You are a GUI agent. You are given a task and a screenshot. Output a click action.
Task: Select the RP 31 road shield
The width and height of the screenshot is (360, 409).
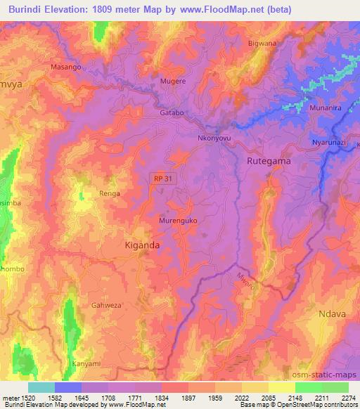point(161,179)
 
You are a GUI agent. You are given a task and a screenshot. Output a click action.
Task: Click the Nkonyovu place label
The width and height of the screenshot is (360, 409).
point(214,138)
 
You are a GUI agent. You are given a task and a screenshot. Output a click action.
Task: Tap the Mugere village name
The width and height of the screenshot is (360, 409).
point(174,82)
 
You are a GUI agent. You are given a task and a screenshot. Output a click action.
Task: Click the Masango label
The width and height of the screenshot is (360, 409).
point(67,67)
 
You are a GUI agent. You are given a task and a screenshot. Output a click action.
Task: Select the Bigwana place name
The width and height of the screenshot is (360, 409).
point(262,44)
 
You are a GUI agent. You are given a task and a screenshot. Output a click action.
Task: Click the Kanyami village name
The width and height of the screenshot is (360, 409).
point(87,364)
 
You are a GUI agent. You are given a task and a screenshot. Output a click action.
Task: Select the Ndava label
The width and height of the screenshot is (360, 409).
point(333,314)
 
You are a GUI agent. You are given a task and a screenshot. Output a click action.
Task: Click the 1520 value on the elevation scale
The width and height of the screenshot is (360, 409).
point(21,397)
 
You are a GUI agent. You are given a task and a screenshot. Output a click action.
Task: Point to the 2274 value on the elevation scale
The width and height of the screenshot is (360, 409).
point(348,397)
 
